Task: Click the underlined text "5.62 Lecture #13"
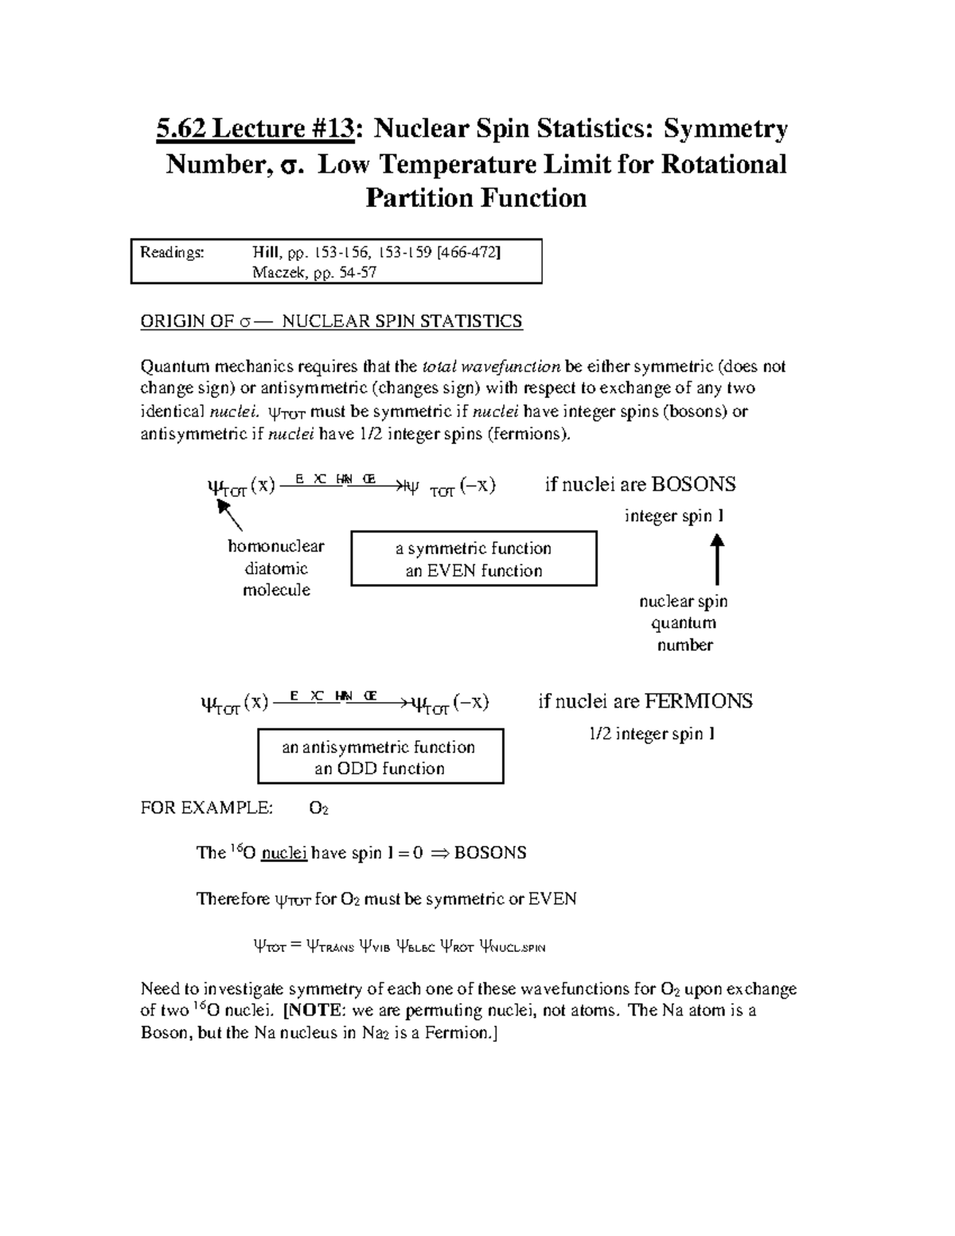tap(255, 129)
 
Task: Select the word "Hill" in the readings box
tap(267, 252)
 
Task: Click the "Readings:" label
tap(172, 252)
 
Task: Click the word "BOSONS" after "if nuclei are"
tap(694, 485)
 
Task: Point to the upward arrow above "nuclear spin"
tap(717, 560)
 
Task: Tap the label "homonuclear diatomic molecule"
tap(276, 568)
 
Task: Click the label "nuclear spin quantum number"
tap(684, 623)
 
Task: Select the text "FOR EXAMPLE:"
tap(206, 809)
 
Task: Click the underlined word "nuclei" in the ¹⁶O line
tap(284, 853)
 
